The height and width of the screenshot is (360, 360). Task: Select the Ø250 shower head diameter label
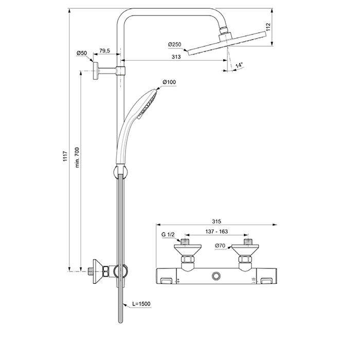click(175, 44)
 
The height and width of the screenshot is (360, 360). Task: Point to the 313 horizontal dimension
click(175, 57)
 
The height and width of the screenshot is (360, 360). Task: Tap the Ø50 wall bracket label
click(81, 52)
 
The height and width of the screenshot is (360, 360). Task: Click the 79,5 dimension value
click(104, 50)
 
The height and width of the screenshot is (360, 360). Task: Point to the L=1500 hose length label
click(141, 304)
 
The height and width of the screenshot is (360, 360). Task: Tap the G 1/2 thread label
click(168, 235)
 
